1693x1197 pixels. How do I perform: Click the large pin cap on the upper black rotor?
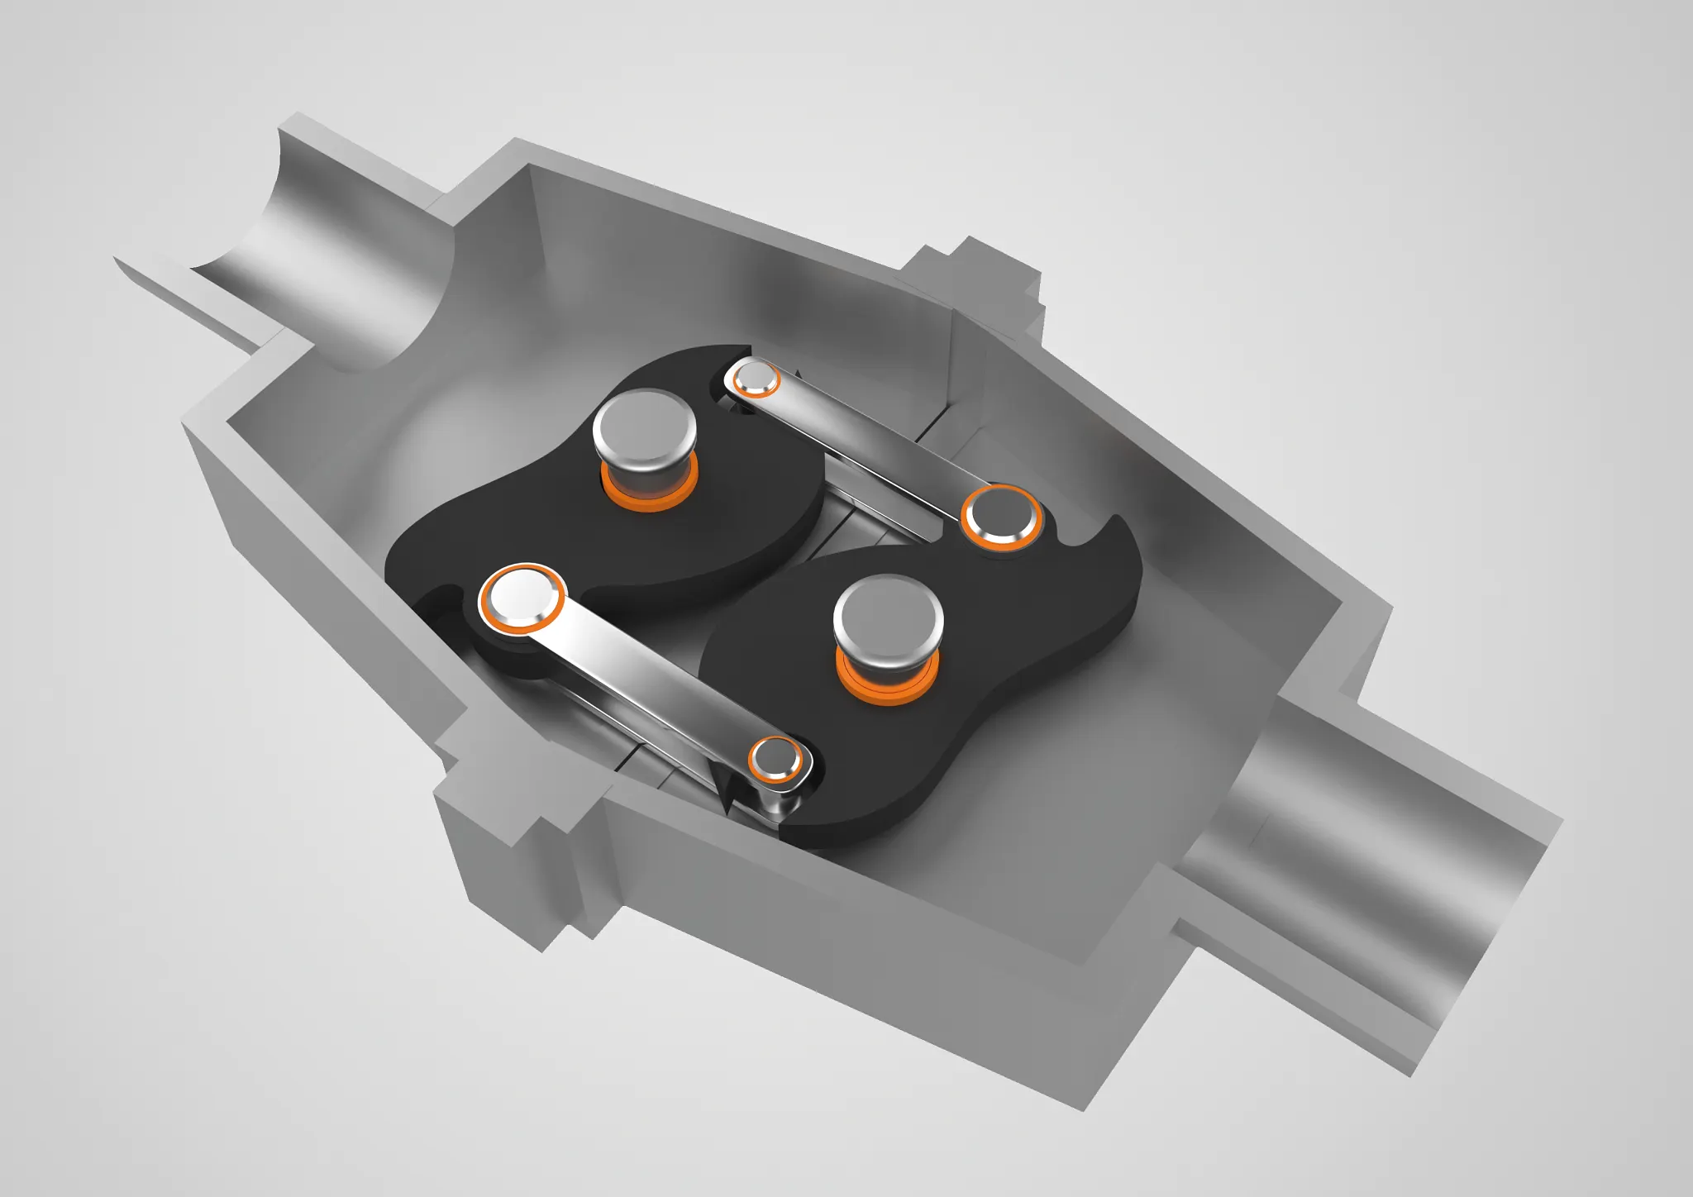coord(644,428)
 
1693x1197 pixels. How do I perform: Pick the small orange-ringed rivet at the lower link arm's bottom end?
coord(775,758)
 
